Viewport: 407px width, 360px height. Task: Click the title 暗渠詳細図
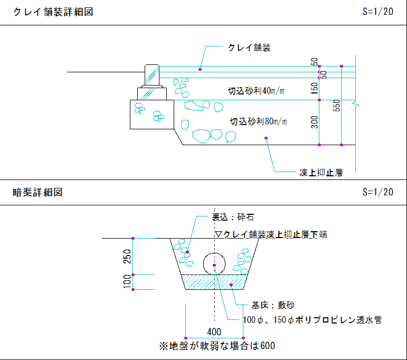[37, 193]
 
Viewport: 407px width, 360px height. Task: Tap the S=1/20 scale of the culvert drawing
[378, 193]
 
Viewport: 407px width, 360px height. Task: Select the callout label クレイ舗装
[249, 48]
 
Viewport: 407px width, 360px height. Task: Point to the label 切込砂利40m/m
[256, 91]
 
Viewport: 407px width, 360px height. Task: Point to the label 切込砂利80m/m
[258, 122]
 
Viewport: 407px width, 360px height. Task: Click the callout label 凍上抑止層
[321, 173]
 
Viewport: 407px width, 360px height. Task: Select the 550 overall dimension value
[337, 106]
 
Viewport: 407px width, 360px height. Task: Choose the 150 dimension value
[315, 89]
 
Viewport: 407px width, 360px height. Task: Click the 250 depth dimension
[127, 257]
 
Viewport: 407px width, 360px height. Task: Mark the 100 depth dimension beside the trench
[127, 281]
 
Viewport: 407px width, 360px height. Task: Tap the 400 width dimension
[214, 332]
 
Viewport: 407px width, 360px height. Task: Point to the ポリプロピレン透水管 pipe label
[312, 320]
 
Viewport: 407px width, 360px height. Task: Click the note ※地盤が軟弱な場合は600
[217, 346]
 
